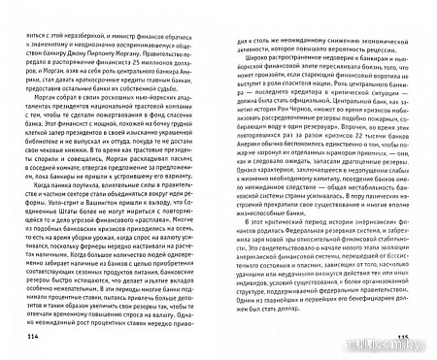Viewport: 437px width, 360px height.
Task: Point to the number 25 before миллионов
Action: point(157,71)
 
